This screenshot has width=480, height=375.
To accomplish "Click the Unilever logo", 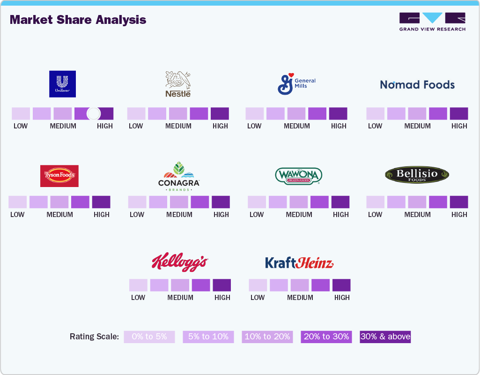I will point(62,84).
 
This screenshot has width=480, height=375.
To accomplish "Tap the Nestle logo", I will point(178,84).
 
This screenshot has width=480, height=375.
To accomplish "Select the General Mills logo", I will point(296,83).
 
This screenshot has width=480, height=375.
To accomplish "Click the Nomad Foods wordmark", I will point(417,85).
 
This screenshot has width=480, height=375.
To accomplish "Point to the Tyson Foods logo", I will point(59,176).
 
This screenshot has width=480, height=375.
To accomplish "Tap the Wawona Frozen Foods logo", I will point(298,176).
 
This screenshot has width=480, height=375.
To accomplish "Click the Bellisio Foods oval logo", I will point(417,175).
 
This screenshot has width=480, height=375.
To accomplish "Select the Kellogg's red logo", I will point(179,262).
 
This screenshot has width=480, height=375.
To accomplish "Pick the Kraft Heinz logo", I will point(299,262).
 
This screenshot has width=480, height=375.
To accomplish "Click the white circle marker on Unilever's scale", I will point(94,113).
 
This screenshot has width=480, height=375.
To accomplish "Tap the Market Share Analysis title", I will point(78,20).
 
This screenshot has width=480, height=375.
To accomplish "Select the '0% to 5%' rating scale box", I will point(149,337).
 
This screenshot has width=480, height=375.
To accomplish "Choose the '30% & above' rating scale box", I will point(385,337).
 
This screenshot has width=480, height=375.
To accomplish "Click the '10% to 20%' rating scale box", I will point(267,337).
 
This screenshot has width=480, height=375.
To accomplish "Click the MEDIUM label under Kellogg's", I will point(180,297).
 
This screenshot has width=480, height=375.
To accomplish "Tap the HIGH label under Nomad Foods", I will point(459,126).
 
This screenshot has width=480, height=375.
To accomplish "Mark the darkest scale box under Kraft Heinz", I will point(341,285).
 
